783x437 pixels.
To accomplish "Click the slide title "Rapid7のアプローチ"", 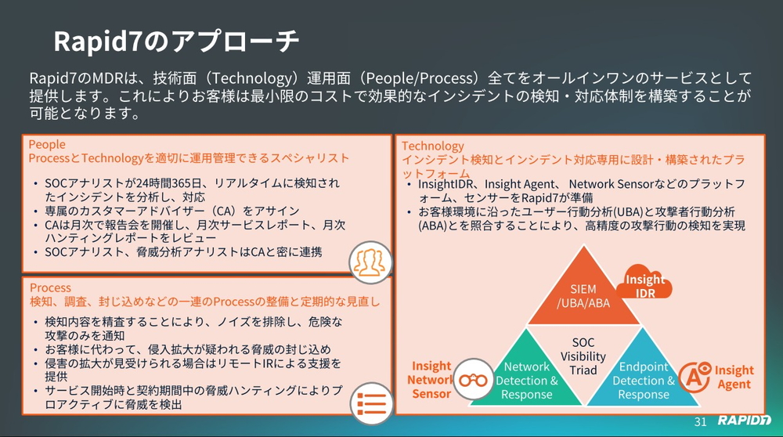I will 176,41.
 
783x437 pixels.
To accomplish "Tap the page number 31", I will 701,422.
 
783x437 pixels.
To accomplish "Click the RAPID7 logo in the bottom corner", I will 744,422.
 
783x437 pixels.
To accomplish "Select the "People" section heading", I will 47,145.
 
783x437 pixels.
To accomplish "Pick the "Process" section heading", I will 50,287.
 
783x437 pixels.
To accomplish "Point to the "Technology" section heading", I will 432,146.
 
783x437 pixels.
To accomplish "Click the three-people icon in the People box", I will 369,262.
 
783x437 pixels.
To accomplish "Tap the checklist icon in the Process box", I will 369,401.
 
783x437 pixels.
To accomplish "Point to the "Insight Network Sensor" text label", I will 431,379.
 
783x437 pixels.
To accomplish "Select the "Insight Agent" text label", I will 734,377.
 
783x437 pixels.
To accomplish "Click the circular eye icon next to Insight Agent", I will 694,377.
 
